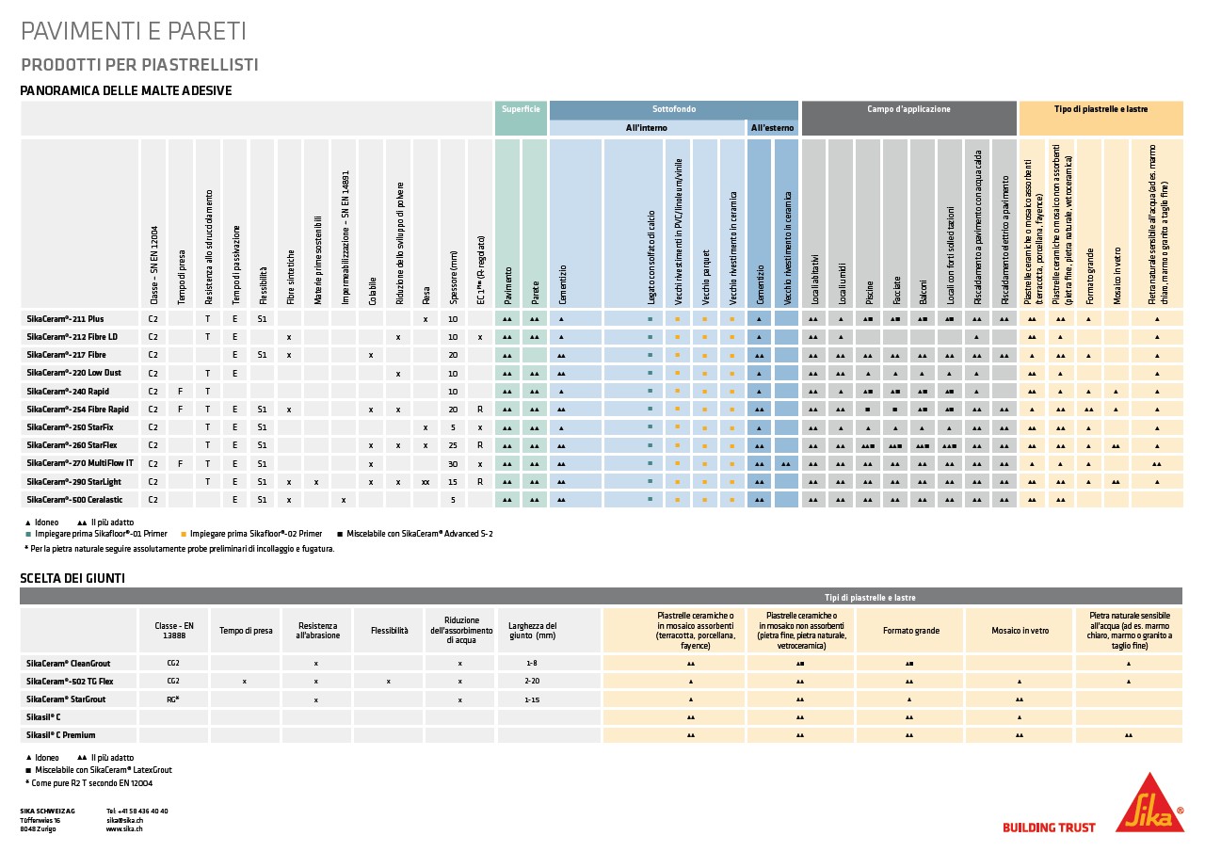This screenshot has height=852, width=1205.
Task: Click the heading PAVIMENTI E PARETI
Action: [133, 31]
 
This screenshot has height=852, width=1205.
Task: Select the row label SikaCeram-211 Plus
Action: [65, 319]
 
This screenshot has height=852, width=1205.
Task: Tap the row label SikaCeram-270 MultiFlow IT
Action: [80, 463]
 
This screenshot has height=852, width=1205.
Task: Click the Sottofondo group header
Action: [674, 109]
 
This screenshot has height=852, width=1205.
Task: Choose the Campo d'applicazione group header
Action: [908, 109]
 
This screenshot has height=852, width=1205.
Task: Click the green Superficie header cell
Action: [521, 109]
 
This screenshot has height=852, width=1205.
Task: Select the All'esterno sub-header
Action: [772, 127]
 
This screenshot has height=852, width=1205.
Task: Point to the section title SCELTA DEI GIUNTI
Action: [72, 578]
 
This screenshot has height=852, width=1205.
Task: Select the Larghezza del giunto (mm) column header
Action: [533, 631]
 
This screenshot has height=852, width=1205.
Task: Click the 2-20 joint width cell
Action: [533, 681]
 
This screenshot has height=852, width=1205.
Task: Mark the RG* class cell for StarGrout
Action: [173, 699]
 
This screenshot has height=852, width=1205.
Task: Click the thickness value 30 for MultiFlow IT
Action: [453, 463]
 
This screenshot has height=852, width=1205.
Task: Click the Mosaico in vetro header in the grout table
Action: [1020, 631]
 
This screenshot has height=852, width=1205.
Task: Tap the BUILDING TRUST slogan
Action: [1049, 828]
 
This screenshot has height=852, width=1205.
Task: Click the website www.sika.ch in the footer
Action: [124, 828]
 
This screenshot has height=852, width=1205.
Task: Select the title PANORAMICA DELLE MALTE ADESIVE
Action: [126, 90]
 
